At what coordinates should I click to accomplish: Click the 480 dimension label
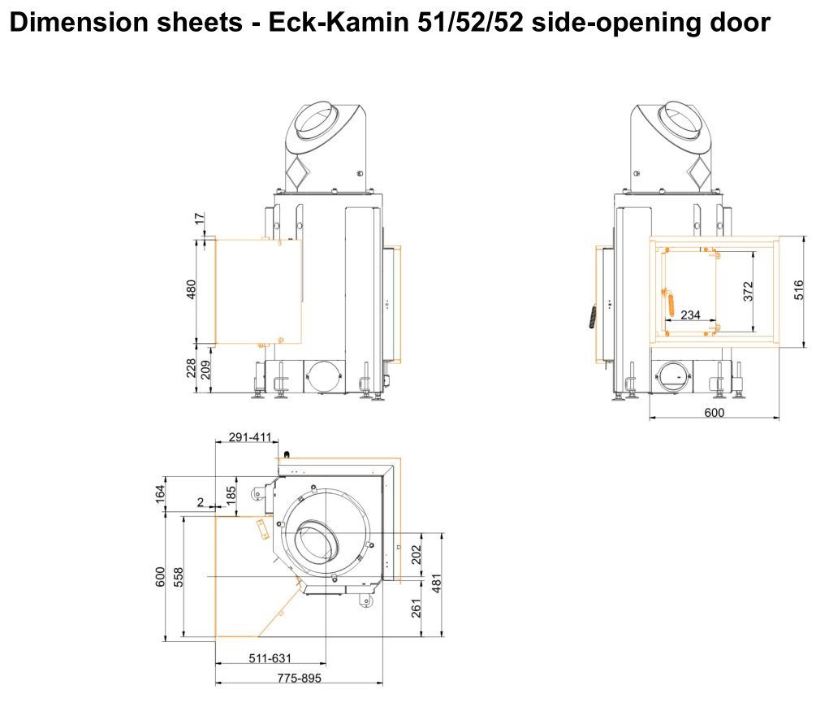191,289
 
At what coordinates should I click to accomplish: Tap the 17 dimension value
199,218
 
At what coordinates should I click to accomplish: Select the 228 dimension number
191,368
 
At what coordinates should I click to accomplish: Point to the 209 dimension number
205,370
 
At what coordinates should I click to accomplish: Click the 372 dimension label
748,292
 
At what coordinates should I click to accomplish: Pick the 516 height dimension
798,290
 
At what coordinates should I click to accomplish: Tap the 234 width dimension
690,315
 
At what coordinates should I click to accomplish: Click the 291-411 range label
250,437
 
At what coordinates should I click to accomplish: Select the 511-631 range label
270,658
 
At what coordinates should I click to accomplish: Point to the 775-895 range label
300,678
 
